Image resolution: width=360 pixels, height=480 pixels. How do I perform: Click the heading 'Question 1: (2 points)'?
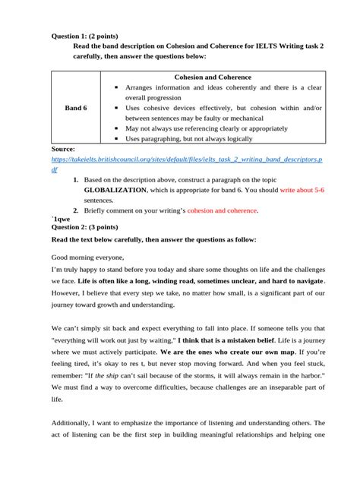[84, 36]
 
